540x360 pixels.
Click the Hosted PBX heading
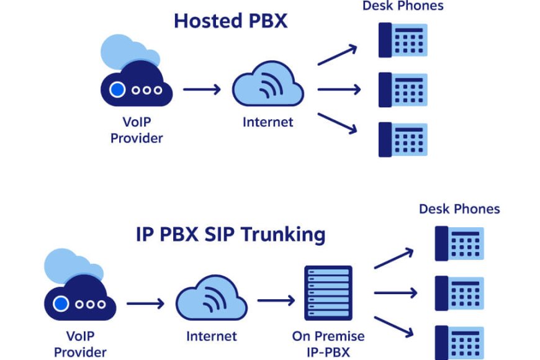tap(230, 20)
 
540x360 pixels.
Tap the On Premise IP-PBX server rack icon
tap(328, 293)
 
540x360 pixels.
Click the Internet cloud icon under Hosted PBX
tap(268, 84)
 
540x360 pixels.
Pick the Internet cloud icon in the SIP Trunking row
tap(212, 298)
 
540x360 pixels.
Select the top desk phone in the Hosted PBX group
tap(403, 40)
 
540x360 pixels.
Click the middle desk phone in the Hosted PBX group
tap(403, 89)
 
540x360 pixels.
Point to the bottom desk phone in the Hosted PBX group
tap(403, 140)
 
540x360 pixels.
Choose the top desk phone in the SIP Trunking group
tap(459, 243)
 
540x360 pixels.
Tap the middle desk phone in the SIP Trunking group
tap(459, 293)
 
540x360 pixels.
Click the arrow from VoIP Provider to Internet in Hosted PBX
tap(202, 89)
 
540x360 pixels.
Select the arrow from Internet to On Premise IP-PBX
tap(276, 300)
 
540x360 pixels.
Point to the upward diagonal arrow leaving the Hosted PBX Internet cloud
tap(337, 55)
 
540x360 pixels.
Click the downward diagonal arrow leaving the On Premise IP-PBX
tap(394, 327)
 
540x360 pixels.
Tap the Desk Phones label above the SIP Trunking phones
tap(459, 209)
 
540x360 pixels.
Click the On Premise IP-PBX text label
tap(328, 344)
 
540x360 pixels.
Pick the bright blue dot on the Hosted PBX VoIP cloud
tap(117, 90)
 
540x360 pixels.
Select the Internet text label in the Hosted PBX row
tap(268, 122)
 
